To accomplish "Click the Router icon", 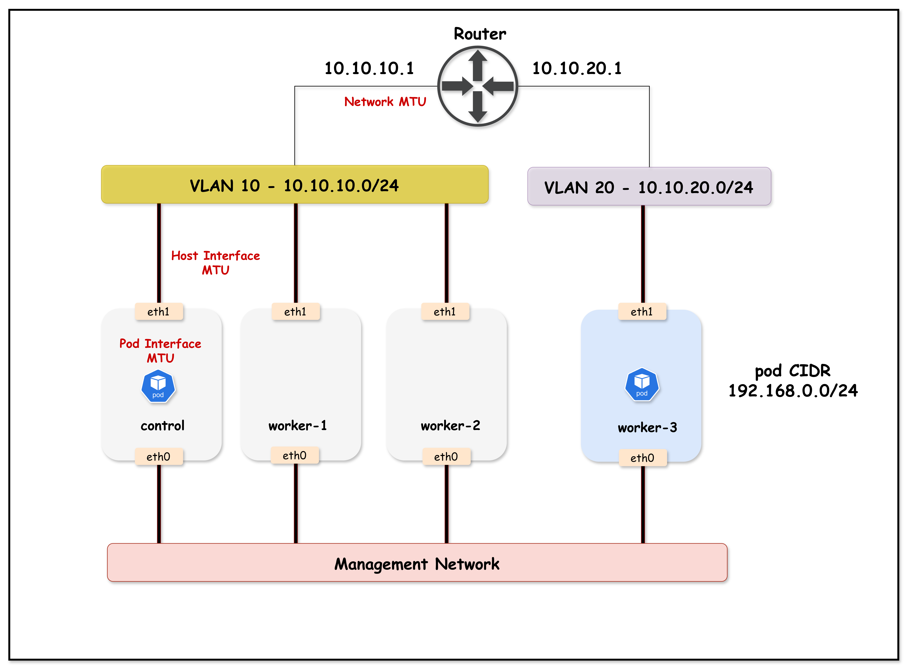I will (478, 86).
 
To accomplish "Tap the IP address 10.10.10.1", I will (369, 68).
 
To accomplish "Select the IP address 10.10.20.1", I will (577, 68).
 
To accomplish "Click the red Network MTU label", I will (385, 102).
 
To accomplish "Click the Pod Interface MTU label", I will (160, 351).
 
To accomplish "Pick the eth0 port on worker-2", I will (446, 457).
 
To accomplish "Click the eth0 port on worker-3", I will (642, 458).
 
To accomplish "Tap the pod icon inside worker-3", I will (642, 384).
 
